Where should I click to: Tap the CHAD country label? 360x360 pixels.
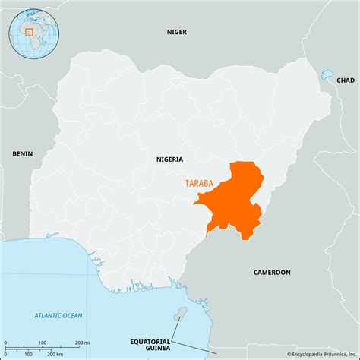[345, 80]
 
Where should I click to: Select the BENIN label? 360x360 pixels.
[22, 154]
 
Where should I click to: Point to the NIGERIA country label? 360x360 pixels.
[169, 159]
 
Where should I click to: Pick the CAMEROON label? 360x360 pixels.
[271, 272]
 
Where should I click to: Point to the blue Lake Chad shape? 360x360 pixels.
[327, 74]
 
